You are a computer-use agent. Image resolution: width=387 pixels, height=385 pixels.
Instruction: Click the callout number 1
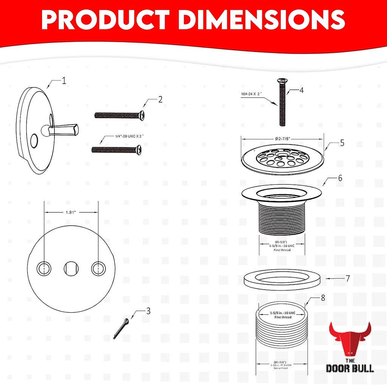coord(64,80)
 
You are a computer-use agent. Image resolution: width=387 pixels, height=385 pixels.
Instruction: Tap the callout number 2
coord(160,100)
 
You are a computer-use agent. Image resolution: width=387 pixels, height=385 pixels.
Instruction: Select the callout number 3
coord(148,311)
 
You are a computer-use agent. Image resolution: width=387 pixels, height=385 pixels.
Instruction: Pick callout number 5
coord(342,143)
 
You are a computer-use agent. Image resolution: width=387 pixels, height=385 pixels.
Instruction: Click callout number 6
coord(340,178)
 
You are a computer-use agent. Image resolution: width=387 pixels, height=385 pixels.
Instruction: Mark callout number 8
coord(322,298)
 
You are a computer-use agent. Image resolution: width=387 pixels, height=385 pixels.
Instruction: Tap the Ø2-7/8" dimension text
coord(282,138)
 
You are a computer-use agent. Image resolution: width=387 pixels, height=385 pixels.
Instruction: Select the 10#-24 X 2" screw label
coord(253,94)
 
